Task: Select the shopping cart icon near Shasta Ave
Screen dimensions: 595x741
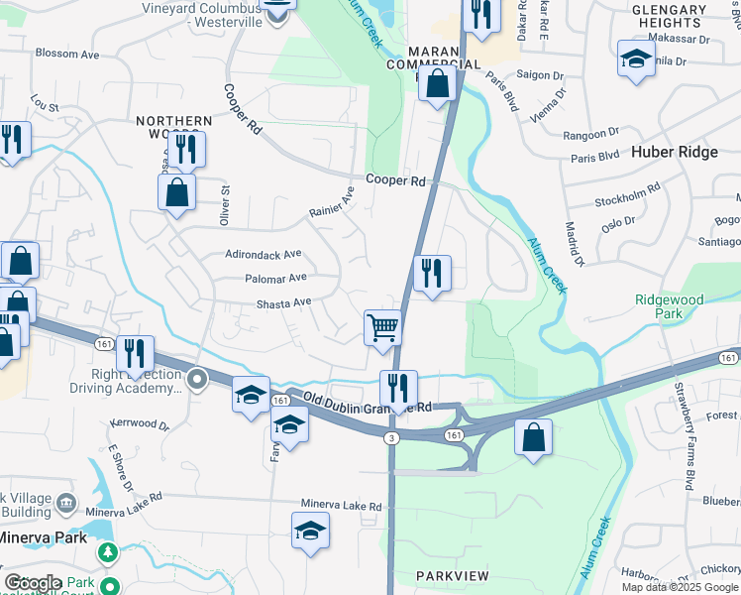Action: point(382,327)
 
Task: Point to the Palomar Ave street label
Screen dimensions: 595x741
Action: point(276,279)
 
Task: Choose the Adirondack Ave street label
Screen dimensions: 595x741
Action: point(264,254)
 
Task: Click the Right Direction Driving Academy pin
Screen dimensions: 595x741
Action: point(198,378)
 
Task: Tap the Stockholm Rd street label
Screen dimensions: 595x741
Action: point(627,194)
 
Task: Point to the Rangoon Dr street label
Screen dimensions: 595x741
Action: point(590,133)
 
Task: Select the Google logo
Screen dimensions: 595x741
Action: point(33,583)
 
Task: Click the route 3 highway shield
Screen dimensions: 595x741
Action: point(393,438)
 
